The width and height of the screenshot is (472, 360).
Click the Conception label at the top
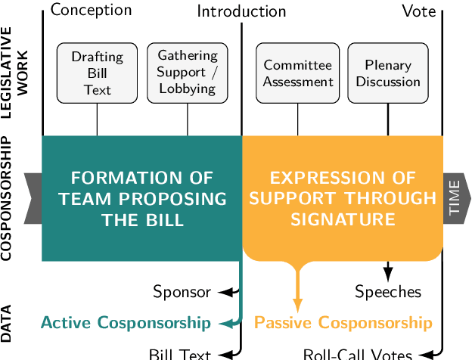point(91,10)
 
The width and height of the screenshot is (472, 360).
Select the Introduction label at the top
point(241,11)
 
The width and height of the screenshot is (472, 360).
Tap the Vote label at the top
point(418,11)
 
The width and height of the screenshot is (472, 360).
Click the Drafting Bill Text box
point(97,73)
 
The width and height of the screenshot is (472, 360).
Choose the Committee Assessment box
point(298,73)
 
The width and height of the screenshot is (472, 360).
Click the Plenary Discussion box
point(388,73)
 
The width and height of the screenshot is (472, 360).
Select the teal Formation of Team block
point(141,198)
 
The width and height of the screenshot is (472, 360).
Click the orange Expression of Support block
point(343,198)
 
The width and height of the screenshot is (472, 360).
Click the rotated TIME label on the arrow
point(454,199)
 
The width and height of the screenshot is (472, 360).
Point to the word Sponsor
point(182,291)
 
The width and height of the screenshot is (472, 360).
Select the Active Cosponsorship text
point(126,323)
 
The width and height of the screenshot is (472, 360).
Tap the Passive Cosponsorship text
point(343,323)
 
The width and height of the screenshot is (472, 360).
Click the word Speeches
point(388,291)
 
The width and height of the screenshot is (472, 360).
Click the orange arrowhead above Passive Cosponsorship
point(298,304)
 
